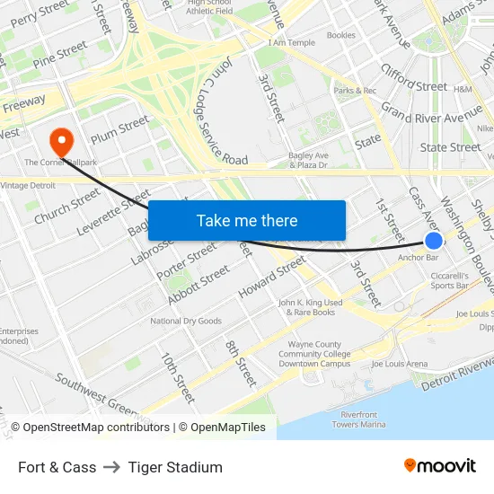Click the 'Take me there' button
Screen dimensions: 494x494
247,221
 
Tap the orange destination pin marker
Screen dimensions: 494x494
61,141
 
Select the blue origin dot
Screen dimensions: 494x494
433,240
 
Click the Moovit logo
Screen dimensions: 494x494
440,466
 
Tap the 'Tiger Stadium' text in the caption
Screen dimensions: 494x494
175,467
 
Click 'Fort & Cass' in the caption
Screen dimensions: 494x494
57,467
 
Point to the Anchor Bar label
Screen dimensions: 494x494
418,257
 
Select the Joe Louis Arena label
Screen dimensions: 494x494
400,364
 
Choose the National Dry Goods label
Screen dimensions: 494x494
186,321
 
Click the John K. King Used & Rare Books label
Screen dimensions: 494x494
311,307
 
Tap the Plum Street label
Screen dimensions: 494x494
119,128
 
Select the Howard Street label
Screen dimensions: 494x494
272,278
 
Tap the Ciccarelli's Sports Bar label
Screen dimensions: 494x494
450,280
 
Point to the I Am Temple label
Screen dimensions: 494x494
292,42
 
